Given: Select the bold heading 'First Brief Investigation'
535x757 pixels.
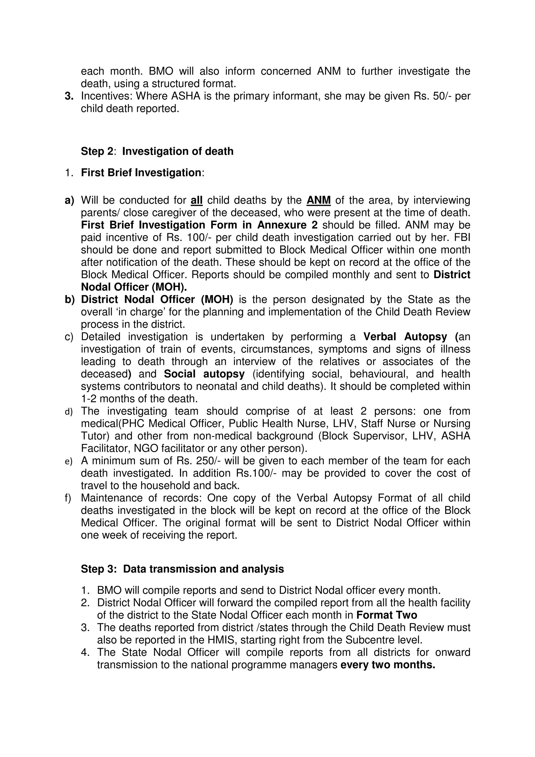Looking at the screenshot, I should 141,173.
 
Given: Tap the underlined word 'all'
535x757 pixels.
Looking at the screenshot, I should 196,200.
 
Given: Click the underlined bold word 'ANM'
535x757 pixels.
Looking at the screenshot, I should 318,200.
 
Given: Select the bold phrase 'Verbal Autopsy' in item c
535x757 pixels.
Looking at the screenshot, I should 405,337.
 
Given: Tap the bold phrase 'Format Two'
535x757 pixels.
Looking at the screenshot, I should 387,615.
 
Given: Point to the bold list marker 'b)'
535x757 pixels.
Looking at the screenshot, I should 69,300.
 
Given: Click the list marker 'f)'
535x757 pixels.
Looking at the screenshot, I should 68,498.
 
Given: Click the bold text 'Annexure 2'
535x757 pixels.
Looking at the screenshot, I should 287,225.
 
